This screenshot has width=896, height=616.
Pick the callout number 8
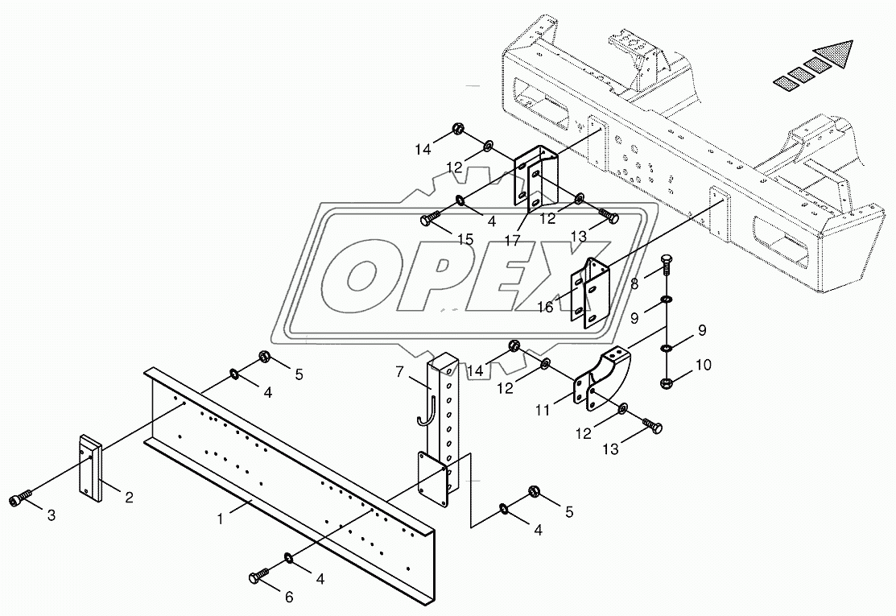[634, 283]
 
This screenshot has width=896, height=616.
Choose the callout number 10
[703, 365]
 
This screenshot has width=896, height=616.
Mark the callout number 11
[544, 410]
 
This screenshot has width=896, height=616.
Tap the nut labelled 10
[667, 382]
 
